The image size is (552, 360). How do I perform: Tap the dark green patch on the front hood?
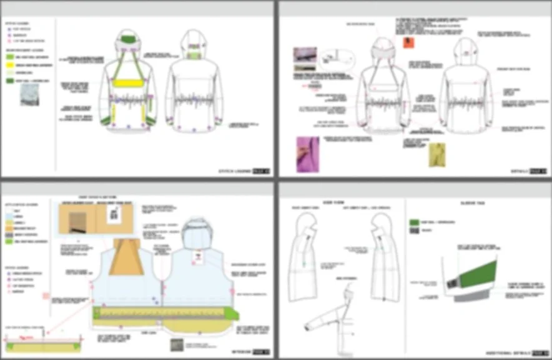(x=128, y=39)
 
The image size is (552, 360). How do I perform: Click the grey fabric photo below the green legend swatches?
(x=29, y=94)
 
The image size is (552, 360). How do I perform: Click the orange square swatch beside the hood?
(x=408, y=42)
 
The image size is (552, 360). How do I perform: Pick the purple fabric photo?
(x=307, y=152)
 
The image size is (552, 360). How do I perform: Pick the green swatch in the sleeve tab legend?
(x=413, y=222)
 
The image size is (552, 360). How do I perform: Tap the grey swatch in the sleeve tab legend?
(x=413, y=231)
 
